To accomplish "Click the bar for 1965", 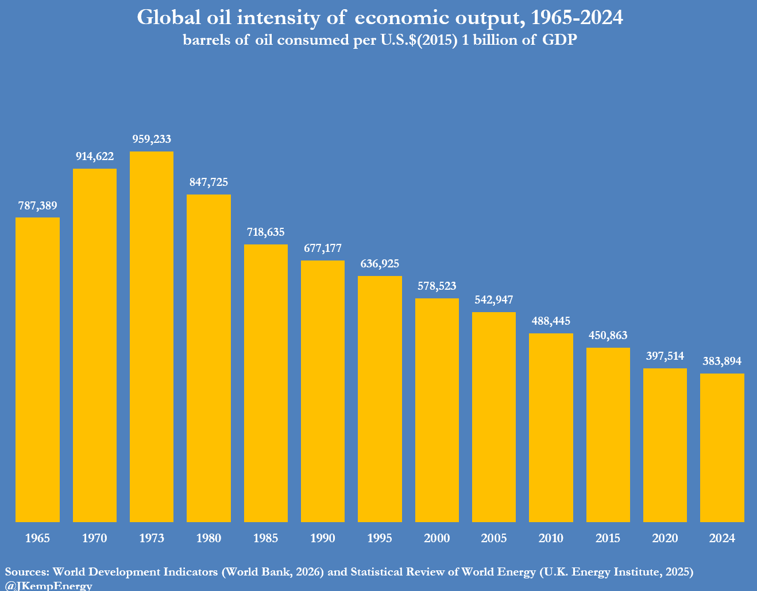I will coord(37,370).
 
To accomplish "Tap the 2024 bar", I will coord(722,448).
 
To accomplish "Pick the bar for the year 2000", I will coord(437,410).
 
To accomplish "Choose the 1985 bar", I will coord(266,383).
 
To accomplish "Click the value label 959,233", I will coord(152,139).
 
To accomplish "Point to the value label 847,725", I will coord(208,182).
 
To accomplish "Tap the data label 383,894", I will coord(722,361).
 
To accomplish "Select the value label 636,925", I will coord(380,263).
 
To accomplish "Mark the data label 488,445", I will coord(551,321).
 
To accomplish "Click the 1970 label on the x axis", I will coord(95,538).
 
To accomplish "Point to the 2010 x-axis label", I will coord(551,538).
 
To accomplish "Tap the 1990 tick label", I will coord(323,538).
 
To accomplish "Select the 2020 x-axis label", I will coord(665,538).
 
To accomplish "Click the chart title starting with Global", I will coord(380,18).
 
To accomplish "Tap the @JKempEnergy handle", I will coord(49,585).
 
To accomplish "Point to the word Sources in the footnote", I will coord(27,571).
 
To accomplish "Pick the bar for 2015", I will coord(608,434).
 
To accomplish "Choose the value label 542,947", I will coord(494,300).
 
